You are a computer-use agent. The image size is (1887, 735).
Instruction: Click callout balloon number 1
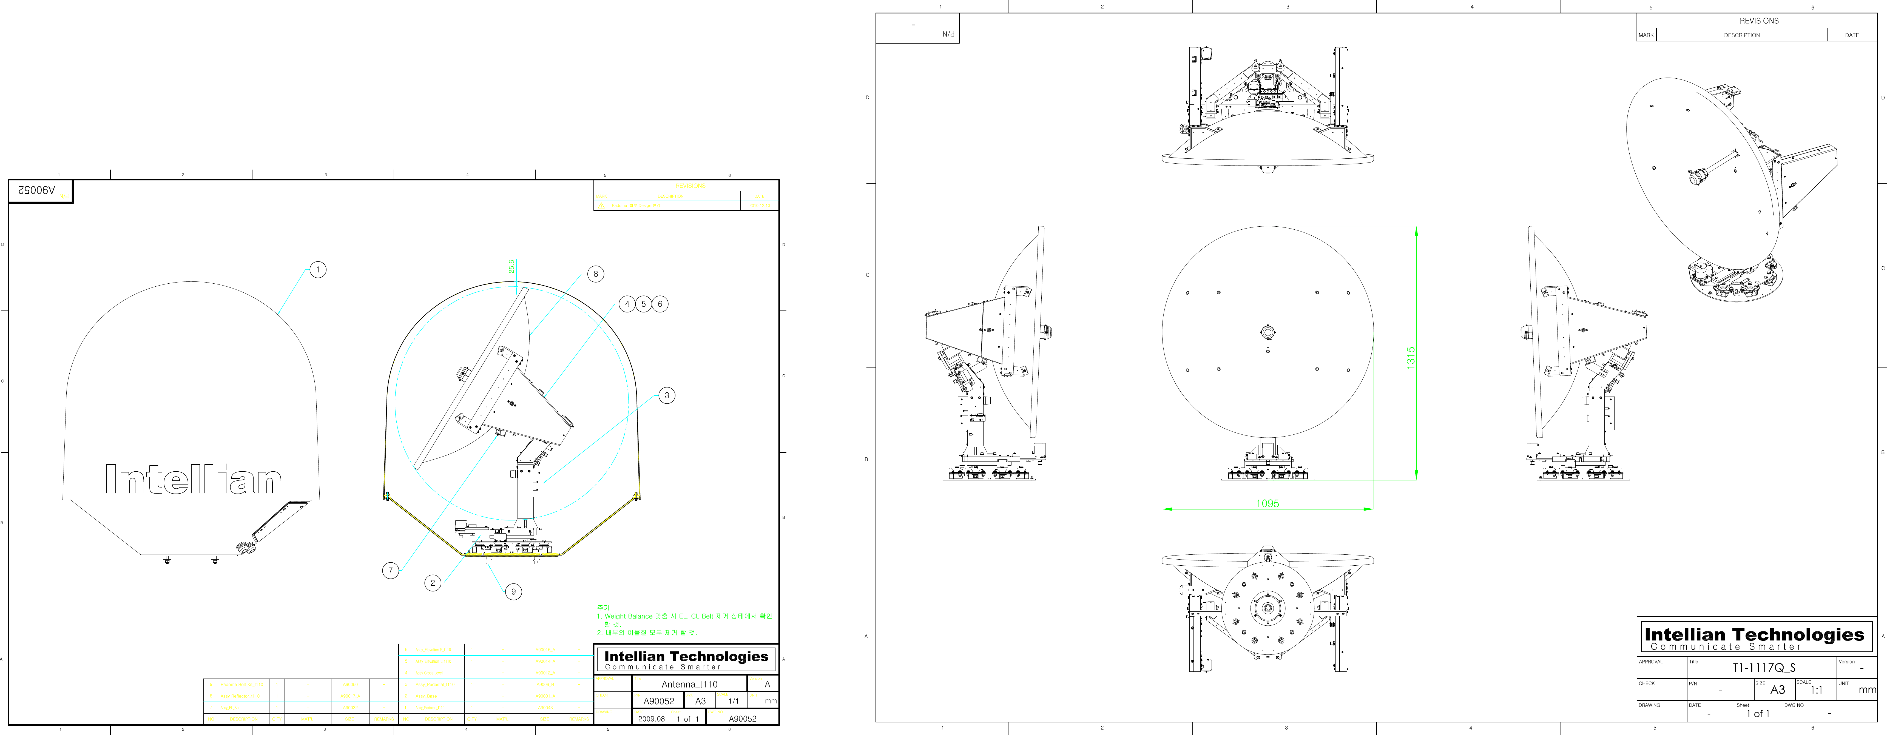click(318, 270)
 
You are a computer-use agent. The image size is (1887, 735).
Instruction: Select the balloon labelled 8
click(596, 274)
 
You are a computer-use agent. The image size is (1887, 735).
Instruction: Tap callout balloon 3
click(667, 395)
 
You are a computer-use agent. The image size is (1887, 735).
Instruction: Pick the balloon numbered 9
click(513, 591)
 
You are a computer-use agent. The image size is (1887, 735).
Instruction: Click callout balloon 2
click(433, 583)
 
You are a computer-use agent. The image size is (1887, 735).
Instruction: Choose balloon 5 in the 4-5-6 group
click(643, 304)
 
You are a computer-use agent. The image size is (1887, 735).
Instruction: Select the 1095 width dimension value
click(1267, 504)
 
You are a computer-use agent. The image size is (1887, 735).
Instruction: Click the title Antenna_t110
click(689, 684)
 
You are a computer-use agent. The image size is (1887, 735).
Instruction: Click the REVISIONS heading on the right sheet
click(1759, 21)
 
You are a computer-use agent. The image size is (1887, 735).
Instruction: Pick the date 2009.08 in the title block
click(651, 719)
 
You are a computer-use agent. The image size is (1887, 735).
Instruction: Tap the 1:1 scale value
click(1816, 690)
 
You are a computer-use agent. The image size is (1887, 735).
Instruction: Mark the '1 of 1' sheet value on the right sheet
click(1757, 714)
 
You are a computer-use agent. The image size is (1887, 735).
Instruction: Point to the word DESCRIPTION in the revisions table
click(1741, 35)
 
